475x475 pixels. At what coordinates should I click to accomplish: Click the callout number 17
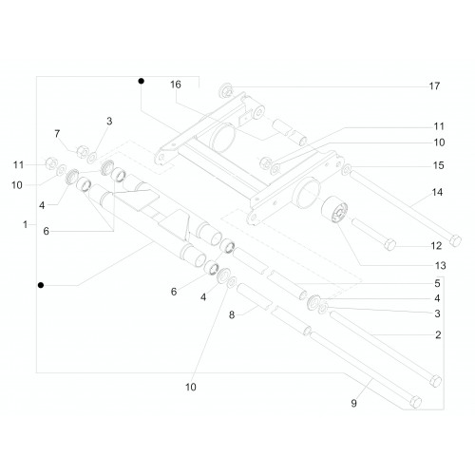(x=434, y=85)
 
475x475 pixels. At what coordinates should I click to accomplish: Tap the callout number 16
(x=176, y=85)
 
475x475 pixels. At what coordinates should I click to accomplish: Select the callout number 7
(x=57, y=134)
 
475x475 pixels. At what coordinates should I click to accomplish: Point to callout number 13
(x=440, y=265)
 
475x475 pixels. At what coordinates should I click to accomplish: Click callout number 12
(x=436, y=246)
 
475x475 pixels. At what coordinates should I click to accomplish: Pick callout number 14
(x=437, y=192)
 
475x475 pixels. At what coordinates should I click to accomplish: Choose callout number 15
(x=439, y=165)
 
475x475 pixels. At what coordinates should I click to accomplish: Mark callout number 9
(x=354, y=403)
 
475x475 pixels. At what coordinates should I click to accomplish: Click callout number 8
(x=232, y=315)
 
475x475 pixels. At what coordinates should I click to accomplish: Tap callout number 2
(x=438, y=334)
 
